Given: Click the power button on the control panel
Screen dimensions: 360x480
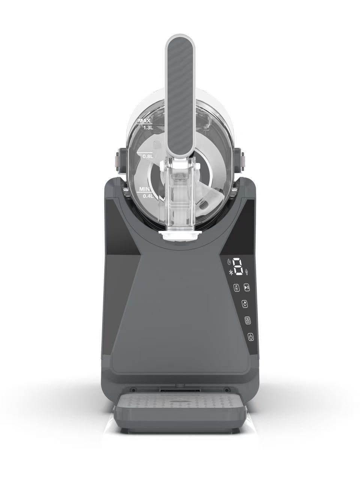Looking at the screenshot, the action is coord(251,337).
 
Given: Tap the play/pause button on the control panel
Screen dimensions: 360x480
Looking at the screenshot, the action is coord(247,287).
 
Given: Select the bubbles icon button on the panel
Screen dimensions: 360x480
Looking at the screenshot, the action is coord(245,304).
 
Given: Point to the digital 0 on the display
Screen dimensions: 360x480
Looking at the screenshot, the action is coord(238,266).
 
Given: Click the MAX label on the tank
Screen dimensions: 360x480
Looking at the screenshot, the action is coord(144,121).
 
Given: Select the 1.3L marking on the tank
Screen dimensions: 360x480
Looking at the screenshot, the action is coord(148,128).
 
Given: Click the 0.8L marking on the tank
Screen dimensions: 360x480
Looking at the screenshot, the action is coord(148,156).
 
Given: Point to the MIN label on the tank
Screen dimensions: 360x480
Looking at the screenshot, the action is coord(144,189).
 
